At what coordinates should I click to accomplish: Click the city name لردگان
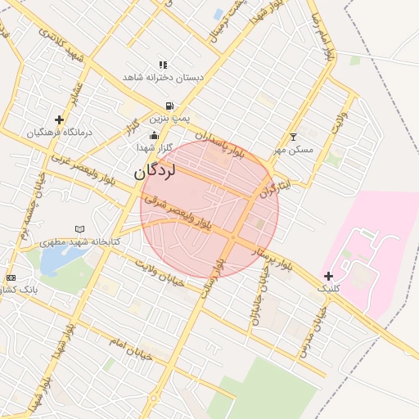[x=155, y=170]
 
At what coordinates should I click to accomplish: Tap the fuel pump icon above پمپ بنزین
[x=169, y=106]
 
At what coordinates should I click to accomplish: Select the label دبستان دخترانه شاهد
[x=163, y=77]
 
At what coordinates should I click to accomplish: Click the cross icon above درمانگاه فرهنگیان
[x=59, y=119]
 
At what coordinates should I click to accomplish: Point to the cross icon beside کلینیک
[x=328, y=276]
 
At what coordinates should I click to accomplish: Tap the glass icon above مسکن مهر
[x=294, y=137]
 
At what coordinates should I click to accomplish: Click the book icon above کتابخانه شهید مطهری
[x=79, y=230]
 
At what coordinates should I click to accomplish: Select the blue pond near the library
[x=54, y=259]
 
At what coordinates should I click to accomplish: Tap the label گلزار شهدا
[x=155, y=147]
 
